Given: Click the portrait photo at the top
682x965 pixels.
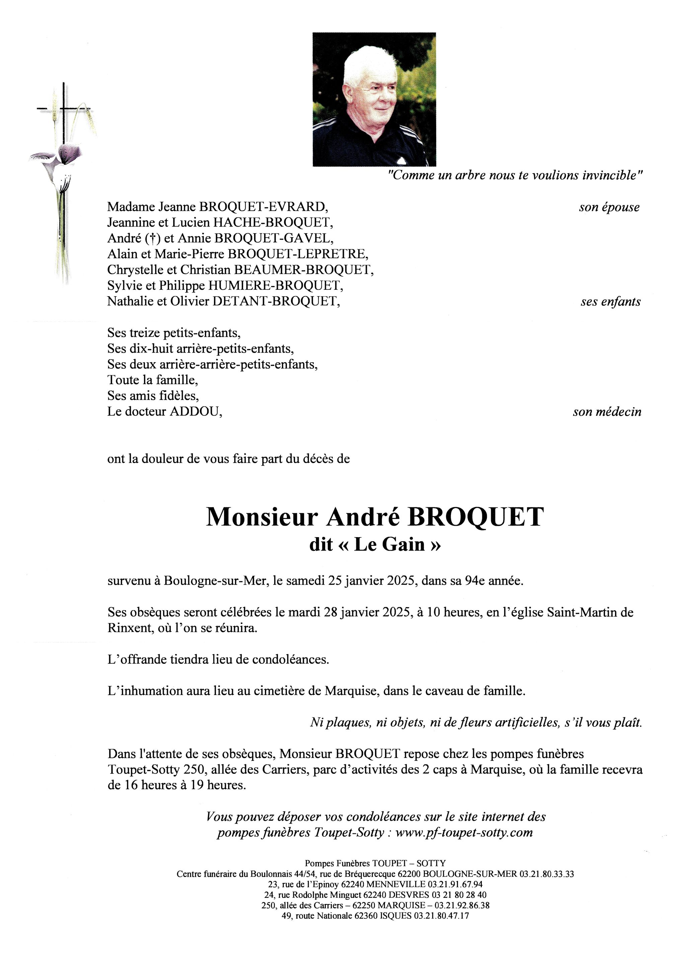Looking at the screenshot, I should tap(374, 100).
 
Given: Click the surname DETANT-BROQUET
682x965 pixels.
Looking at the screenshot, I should tap(276, 301).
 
